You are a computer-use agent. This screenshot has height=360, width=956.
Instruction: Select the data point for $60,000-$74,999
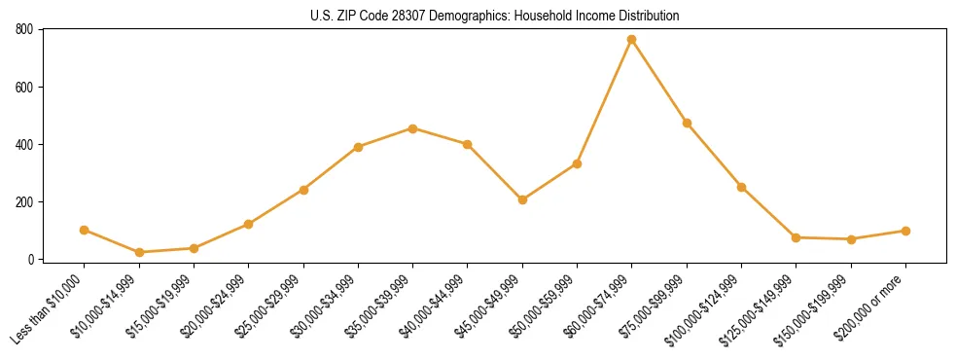click(x=632, y=40)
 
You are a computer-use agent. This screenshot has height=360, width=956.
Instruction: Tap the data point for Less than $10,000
click(x=85, y=230)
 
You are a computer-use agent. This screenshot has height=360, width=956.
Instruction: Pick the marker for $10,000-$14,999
click(x=139, y=252)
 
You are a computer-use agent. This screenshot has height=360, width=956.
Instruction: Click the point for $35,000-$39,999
click(x=413, y=128)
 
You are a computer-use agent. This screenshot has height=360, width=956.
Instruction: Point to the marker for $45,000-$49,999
click(x=522, y=199)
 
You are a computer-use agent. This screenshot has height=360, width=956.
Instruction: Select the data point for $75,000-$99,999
click(x=687, y=123)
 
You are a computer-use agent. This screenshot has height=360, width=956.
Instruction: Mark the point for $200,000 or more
click(x=905, y=231)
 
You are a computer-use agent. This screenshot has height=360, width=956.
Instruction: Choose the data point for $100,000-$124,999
click(x=741, y=187)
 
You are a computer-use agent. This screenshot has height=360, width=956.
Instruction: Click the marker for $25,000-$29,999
click(x=303, y=190)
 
